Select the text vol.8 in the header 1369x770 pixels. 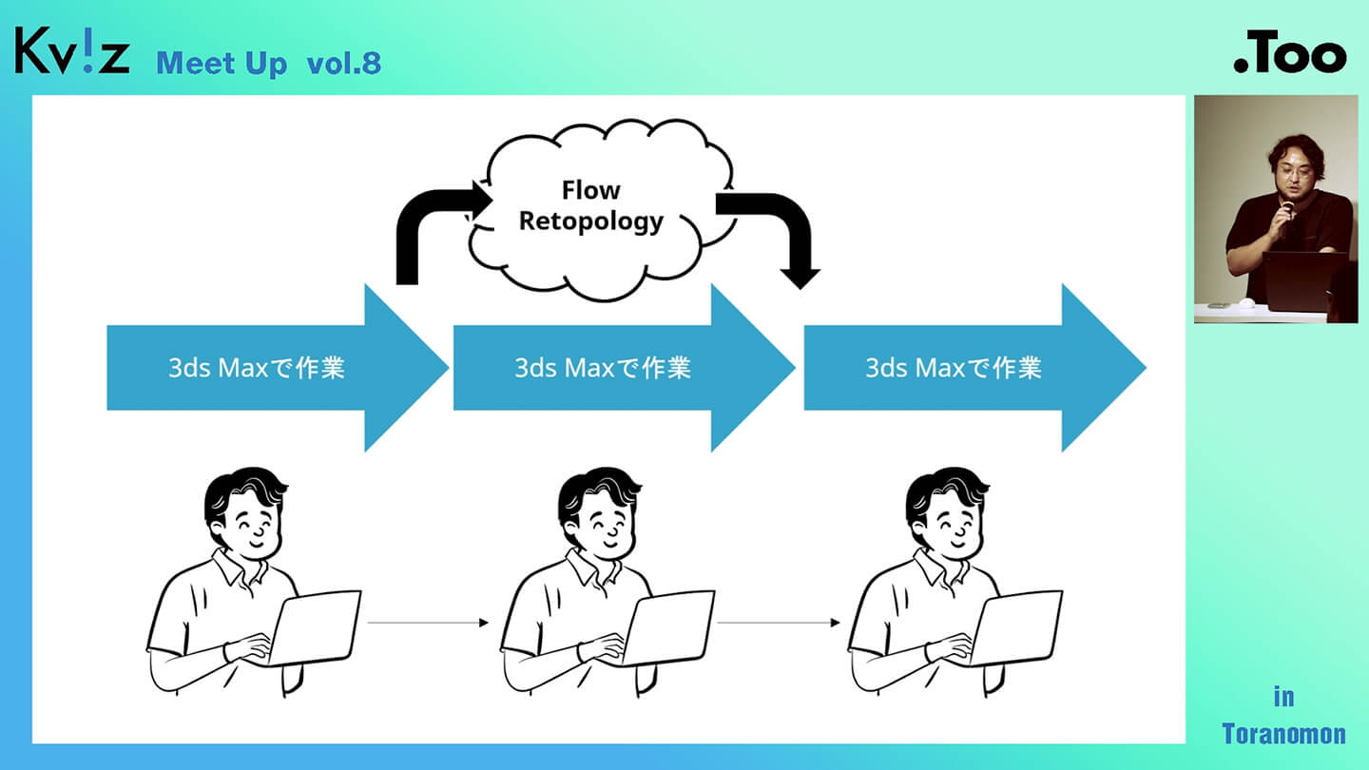point(343,63)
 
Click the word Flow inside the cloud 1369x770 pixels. point(590,190)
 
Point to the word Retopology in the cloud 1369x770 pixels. point(590,221)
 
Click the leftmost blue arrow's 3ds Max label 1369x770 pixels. point(256,368)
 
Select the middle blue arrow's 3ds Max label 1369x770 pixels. point(603,368)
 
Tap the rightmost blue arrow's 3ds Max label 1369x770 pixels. point(953,368)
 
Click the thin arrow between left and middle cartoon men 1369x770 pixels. point(428,623)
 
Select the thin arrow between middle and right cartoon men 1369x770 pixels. point(780,623)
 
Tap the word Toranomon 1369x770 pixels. point(1283,734)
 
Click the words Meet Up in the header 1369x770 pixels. point(222,63)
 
